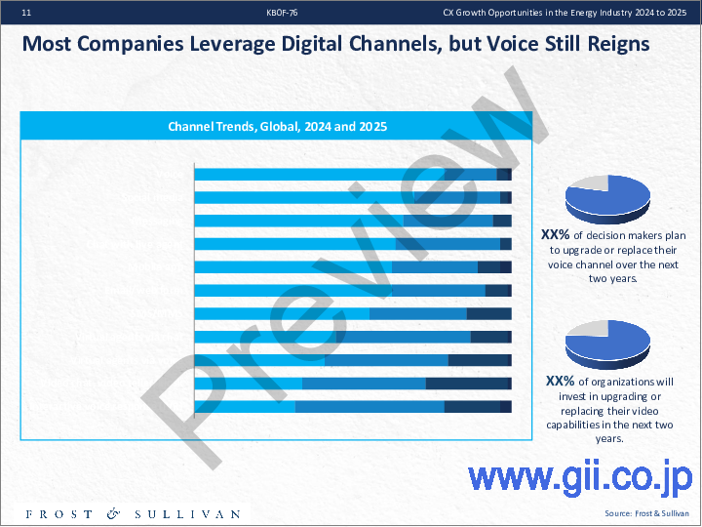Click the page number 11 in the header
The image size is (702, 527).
coord(25,13)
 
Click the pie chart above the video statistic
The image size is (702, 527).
coord(607,343)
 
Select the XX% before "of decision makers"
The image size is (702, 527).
coord(556,235)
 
